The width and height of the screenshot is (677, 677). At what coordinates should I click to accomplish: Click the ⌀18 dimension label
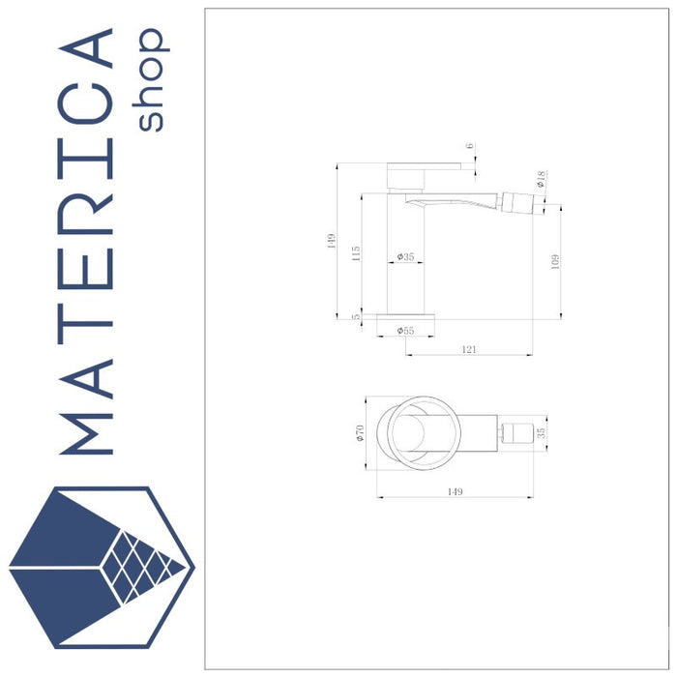542,178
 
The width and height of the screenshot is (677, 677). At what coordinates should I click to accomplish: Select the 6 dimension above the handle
470,147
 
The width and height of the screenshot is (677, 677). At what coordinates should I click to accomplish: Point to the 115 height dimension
356,253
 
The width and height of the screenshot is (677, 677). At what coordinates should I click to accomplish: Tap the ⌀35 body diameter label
405,257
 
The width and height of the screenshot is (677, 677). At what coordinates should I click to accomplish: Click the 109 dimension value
554,261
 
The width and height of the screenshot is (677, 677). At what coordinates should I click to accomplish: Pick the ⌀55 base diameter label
405,331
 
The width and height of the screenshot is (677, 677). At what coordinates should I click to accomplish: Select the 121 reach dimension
469,349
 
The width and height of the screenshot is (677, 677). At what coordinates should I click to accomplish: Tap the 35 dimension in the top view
543,433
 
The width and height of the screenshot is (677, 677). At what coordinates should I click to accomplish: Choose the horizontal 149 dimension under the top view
455,491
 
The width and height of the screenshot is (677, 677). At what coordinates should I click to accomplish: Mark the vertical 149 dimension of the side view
331,240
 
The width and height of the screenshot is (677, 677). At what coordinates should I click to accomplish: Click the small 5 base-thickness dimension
356,315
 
